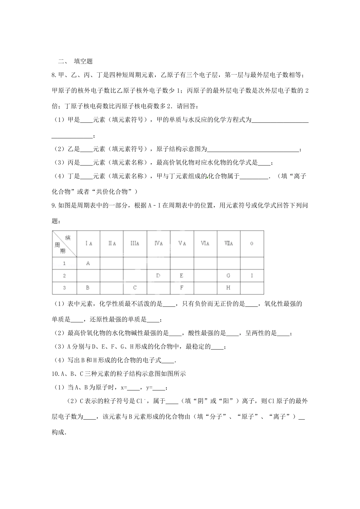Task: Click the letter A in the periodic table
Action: coord(88,263)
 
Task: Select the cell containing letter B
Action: coord(88,287)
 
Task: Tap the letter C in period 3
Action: coord(135,287)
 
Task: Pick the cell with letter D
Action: coord(158,275)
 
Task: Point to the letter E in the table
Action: coord(182,275)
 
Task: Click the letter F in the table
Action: coord(182,287)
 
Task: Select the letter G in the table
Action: coord(229,275)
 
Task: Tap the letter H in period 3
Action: coord(229,287)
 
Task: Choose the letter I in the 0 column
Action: coord(252,275)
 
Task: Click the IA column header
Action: coord(88,244)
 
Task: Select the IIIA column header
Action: coord(135,244)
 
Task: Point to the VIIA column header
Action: coord(229,244)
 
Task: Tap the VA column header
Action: coord(182,244)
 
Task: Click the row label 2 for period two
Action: coord(64,275)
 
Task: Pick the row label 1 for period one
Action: coord(64,263)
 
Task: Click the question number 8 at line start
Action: coord(53,75)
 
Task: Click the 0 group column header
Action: coord(252,244)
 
